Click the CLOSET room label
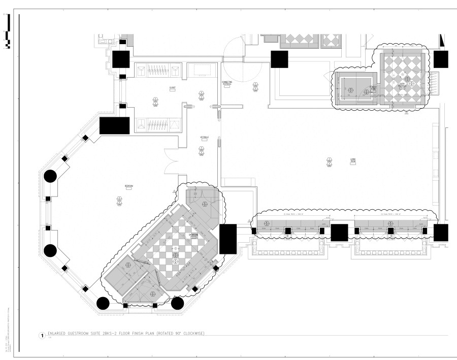click(x=173, y=88)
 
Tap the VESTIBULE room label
click(x=205, y=137)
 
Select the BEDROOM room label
click(x=129, y=186)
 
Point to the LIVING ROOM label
click(x=352, y=161)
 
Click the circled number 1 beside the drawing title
click(x=41, y=336)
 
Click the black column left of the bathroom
click(x=102, y=303)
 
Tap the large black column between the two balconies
click(x=339, y=232)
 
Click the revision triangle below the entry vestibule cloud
click(x=406, y=114)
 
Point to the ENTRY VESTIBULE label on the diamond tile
click(x=403, y=85)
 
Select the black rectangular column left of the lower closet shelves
click(x=114, y=125)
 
